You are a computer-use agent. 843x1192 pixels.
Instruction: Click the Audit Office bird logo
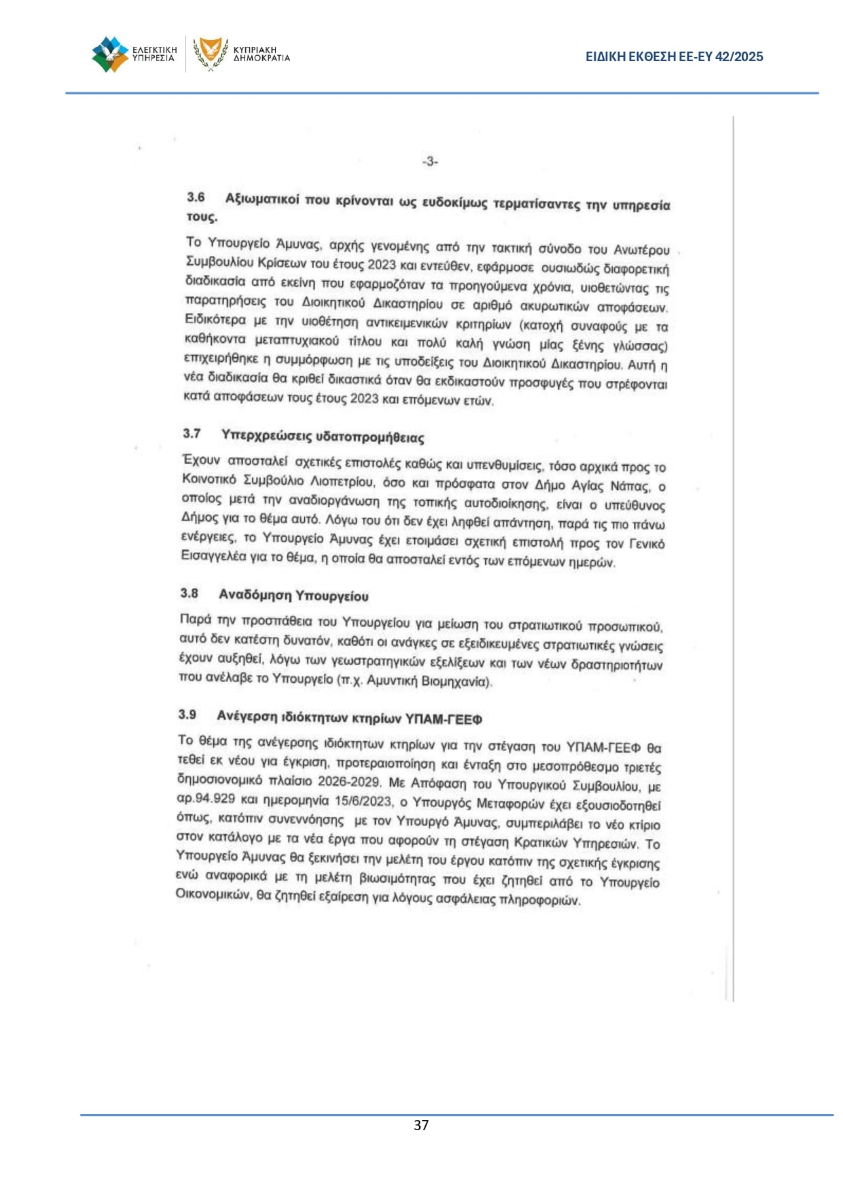110,54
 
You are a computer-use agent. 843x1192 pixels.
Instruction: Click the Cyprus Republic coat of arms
211,54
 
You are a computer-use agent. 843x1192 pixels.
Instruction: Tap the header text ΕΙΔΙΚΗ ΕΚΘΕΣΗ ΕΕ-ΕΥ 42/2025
674,57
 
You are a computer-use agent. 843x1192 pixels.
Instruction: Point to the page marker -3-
430,162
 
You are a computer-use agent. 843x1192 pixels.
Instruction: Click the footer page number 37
421,1125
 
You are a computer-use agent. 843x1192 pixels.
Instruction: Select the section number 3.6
196,197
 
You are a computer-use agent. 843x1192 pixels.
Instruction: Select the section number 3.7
192,433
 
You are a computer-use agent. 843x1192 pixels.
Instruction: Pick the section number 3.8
189,593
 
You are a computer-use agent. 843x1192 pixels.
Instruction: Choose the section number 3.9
187,714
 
